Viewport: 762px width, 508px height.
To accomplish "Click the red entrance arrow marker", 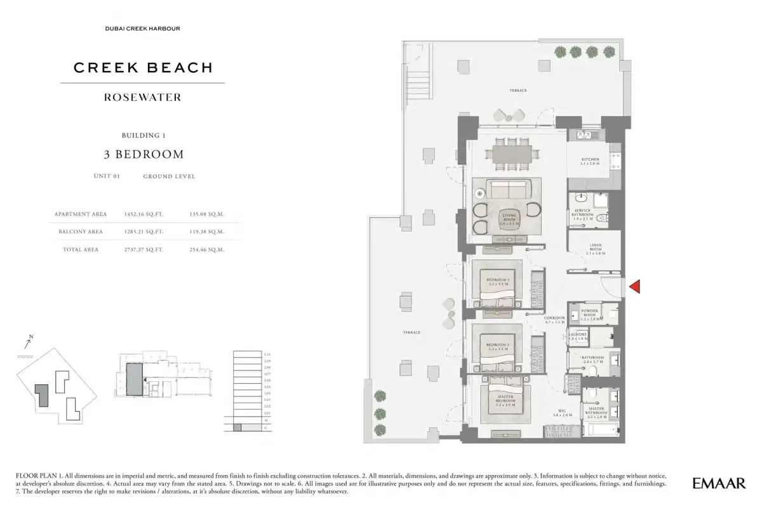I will pyautogui.click(x=634, y=287).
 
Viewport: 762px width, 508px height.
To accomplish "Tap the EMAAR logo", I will pyautogui.click(x=719, y=483).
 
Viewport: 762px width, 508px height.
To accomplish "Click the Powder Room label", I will pyautogui.click(x=590, y=313).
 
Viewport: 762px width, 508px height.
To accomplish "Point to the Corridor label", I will pyautogui.click(x=554, y=320).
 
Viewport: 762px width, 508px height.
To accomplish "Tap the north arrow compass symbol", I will pyautogui.click(x=28, y=343).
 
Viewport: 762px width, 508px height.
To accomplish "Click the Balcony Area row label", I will pyautogui.click(x=81, y=232).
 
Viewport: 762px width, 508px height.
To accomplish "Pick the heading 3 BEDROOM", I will pyautogui.click(x=144, y=154).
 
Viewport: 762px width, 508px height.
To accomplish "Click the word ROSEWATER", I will pyautogui.click(x=142, y=98).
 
